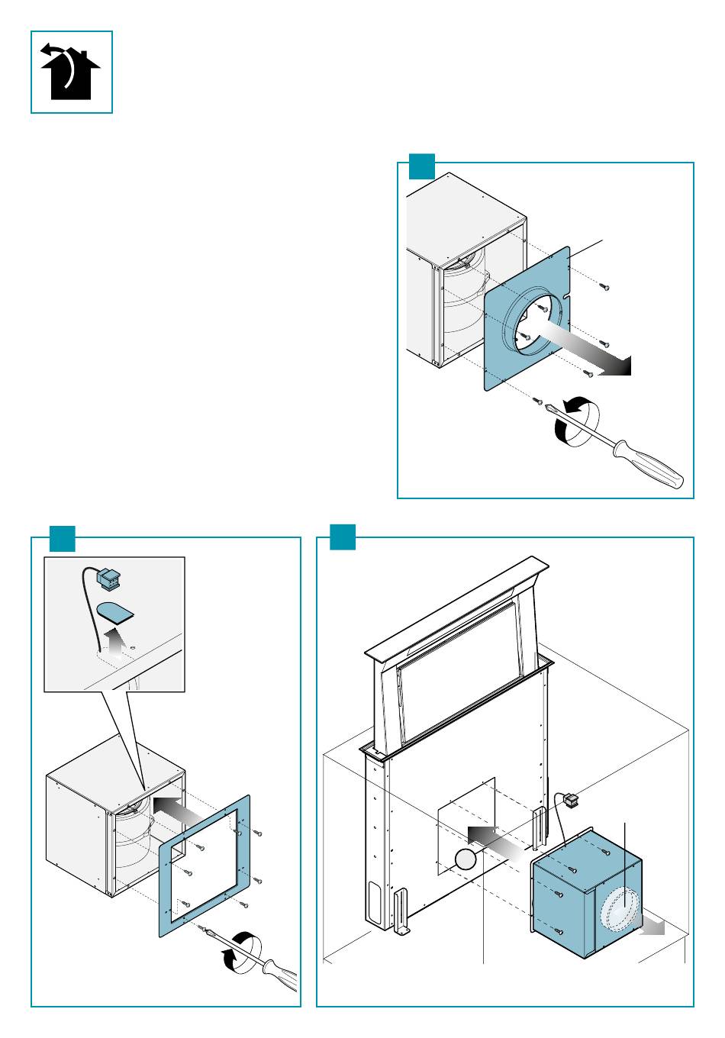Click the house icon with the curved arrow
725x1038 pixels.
click(71, 73)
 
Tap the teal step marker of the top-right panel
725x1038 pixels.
click(421, 166)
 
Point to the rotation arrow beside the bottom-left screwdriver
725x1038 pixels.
click(243, 951)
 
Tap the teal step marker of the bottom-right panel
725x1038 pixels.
click(343, 537)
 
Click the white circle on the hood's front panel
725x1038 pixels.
click(465, 860)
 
